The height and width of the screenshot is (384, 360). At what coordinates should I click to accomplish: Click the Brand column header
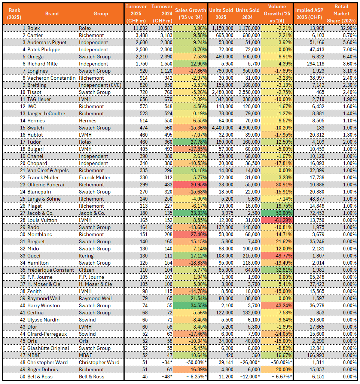tap(52, 13)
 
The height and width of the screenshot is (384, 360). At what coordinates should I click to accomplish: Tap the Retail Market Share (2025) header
tap(341, 13)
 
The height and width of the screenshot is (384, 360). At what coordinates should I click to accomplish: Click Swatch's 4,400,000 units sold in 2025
tap(220, 128)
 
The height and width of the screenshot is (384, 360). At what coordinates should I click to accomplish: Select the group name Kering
tap(86, 256)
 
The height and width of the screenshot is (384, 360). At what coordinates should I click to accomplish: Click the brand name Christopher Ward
tap(48, 362)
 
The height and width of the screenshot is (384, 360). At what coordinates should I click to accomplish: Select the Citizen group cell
tap(87, 270)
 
